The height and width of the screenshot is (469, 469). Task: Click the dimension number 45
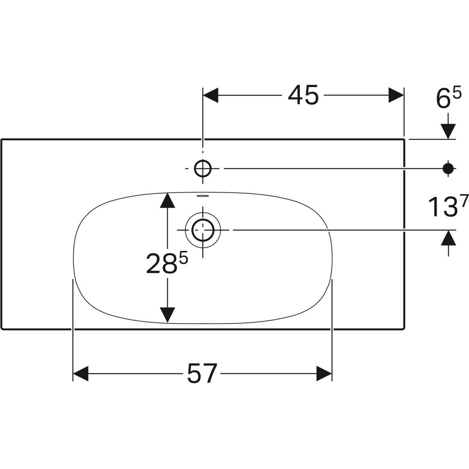303,95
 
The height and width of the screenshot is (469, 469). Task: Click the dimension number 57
202,374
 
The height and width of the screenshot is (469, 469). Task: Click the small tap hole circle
203,168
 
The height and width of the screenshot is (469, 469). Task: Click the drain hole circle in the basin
203,230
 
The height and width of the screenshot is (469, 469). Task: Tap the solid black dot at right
448,168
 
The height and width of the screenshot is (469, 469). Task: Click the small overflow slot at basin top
203,196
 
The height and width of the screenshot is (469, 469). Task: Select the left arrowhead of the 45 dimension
211,95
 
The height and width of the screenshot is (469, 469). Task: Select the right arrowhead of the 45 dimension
395,95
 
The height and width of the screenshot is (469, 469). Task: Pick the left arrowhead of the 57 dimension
81,374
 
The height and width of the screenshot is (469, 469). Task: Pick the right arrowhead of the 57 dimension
324,374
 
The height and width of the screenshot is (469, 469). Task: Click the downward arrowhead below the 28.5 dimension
167,315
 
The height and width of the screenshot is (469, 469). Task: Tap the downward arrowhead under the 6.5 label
448,131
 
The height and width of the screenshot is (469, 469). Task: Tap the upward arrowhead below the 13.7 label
448,238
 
